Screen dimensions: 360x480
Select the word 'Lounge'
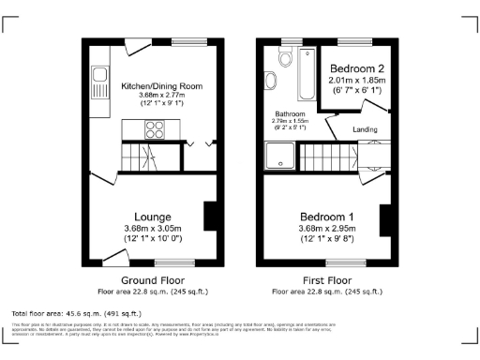coord(153,217)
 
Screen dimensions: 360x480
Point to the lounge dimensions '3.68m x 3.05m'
coord(153,229)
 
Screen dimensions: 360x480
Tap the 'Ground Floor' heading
coord(153,280)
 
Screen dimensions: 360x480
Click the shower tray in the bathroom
coord(281,156)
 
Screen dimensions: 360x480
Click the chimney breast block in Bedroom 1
coord(384,221)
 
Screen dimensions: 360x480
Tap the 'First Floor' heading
coord(327,280)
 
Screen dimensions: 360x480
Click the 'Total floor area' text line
coord(76,312)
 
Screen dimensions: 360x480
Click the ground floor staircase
coord(145,155)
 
